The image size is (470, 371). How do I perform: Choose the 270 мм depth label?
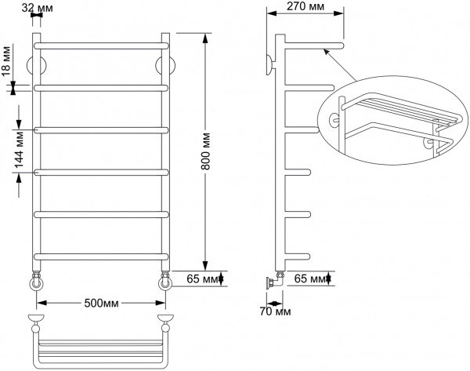pyautogui.click(x=305, y=8)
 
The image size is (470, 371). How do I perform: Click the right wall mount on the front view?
pyautogui.click(x=164, y=64)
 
